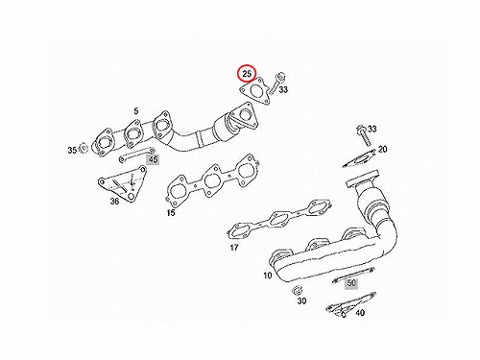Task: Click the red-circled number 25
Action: point(247,74)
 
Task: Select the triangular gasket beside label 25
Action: point(255,90)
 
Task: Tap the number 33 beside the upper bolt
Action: point(283,89)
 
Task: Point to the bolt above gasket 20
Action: point(363,134)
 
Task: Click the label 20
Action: point(382,149)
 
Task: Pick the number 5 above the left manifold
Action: point(136,111)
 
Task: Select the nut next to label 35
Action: point(84,148)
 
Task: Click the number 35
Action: point(72,150)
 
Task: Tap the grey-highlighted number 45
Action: point(154,159)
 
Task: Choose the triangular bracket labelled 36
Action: point(123,185)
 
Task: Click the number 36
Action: point(114,201)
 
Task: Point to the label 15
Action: point(171,212)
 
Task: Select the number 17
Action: point(234,248)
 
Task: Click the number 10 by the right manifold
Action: point(268,275)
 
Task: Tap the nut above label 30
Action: point(297,290)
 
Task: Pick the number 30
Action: point(301,300)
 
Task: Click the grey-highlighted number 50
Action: point(351,283)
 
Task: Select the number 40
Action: point(360,312)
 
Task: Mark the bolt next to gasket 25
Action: point(276,84)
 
